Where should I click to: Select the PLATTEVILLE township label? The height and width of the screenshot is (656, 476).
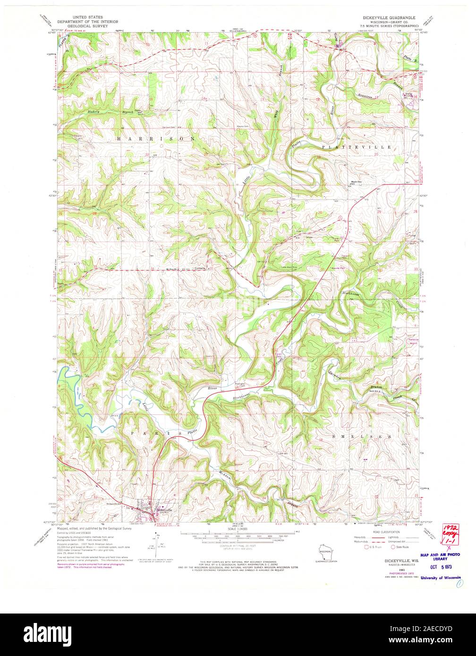357,147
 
